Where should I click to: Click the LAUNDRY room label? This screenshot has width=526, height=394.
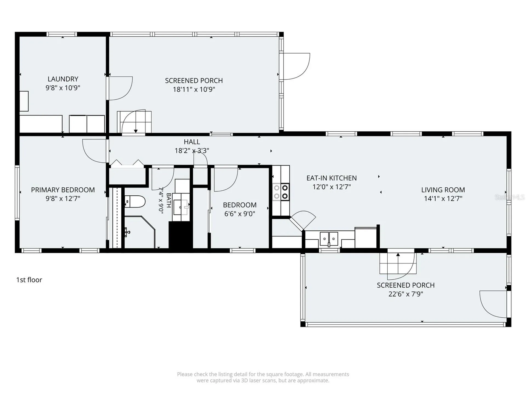click(63, 79)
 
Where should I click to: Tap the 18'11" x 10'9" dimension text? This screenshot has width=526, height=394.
click(194, 89)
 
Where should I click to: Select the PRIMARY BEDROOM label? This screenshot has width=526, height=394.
click(63, 190)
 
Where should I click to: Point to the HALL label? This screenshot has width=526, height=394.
click(192, 142)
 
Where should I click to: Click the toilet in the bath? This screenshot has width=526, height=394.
click(135, 202)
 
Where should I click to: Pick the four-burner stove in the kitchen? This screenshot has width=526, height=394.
click(281, 192)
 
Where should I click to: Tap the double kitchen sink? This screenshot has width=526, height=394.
click(329, 239)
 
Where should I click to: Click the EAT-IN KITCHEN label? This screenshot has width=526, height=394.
click(331, 178)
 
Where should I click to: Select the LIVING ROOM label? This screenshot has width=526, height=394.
click(443, 190)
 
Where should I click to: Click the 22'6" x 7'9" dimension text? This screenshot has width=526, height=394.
click(406, 294)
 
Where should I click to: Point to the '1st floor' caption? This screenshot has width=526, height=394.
click(29, 280)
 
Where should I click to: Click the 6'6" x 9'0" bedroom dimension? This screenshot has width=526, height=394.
click(240, 214)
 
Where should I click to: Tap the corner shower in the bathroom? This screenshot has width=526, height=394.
click(140, 232)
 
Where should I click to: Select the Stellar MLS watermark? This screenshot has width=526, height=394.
click(510, 197)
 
